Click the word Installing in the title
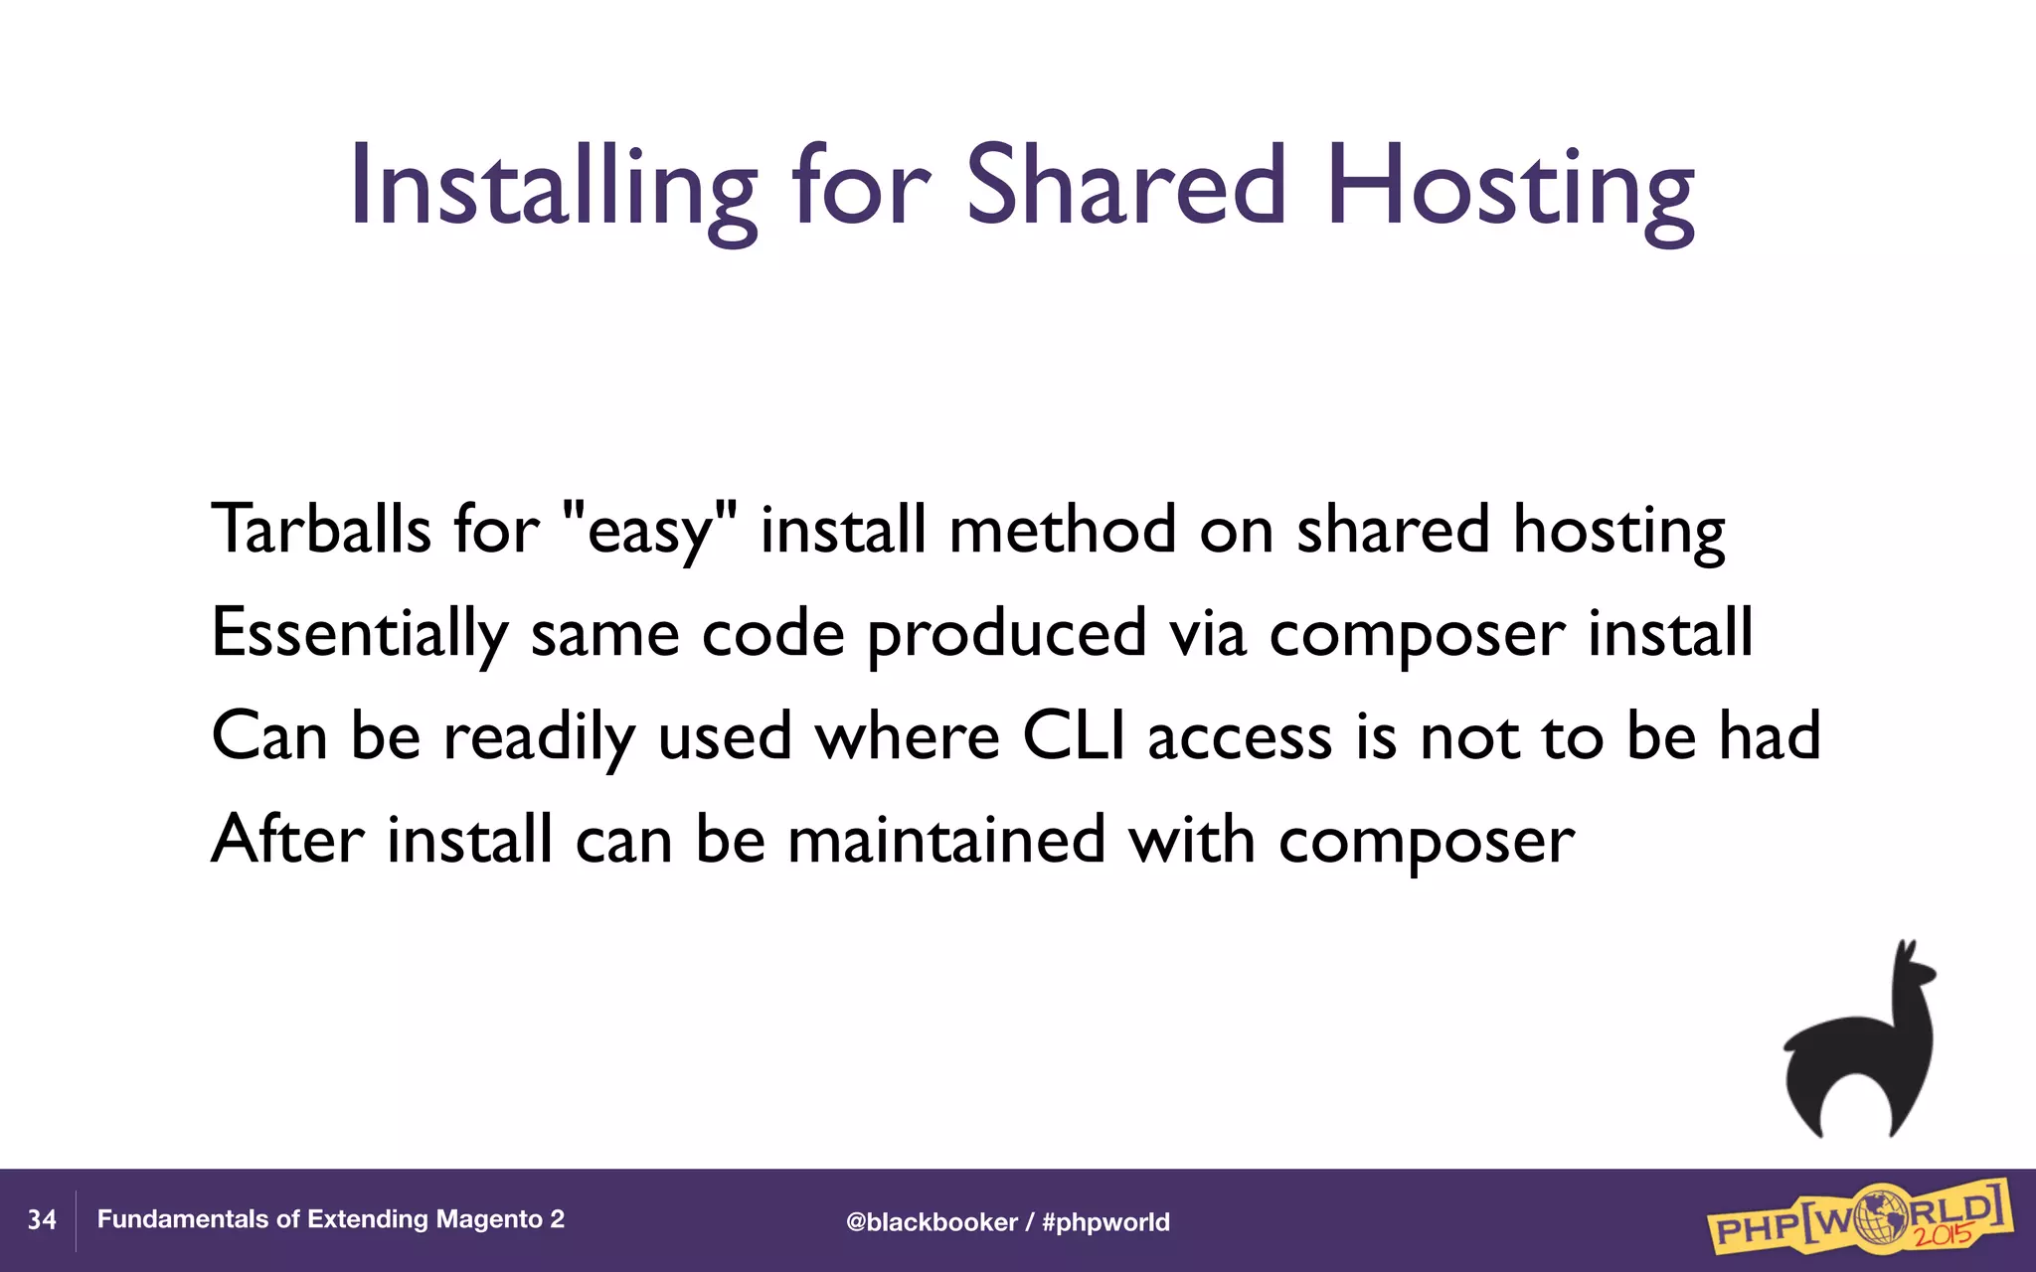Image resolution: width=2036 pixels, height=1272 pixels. [x=552, y=187]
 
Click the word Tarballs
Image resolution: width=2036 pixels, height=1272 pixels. [x=320, y=529]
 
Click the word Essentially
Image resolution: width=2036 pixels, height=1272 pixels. [x=359, y=633]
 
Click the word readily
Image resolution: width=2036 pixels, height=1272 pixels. [x=538, y=738]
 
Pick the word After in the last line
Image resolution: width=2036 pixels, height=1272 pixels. [x=287, y=840]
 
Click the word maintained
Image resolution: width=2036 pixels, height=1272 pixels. [x=945, y=840]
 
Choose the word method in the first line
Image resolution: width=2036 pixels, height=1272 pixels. [x=1062, y=529]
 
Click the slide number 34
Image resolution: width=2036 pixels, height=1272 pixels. [x=42, y=1220]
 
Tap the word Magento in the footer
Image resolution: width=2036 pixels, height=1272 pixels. [x=489, y=1219]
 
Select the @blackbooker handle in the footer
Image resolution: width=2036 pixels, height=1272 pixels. [x=932, y=1222]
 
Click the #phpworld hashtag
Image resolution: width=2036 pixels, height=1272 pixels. [x=1105, y=1222]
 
